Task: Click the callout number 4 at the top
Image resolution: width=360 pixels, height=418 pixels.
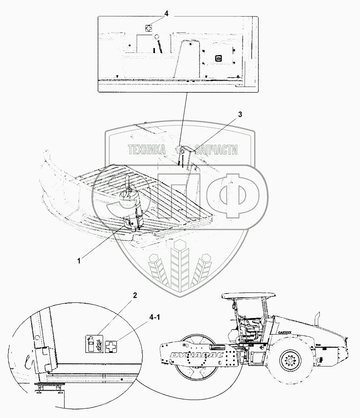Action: (x=166, y=14)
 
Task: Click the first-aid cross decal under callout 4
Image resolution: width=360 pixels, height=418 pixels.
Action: (x=148, y=28)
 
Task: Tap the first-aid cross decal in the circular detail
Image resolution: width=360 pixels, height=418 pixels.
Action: (x=112, y=347)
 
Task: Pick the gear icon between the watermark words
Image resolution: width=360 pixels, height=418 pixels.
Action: (x=180, y=149)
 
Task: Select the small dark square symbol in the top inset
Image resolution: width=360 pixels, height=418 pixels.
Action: (x=218, y=58)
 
